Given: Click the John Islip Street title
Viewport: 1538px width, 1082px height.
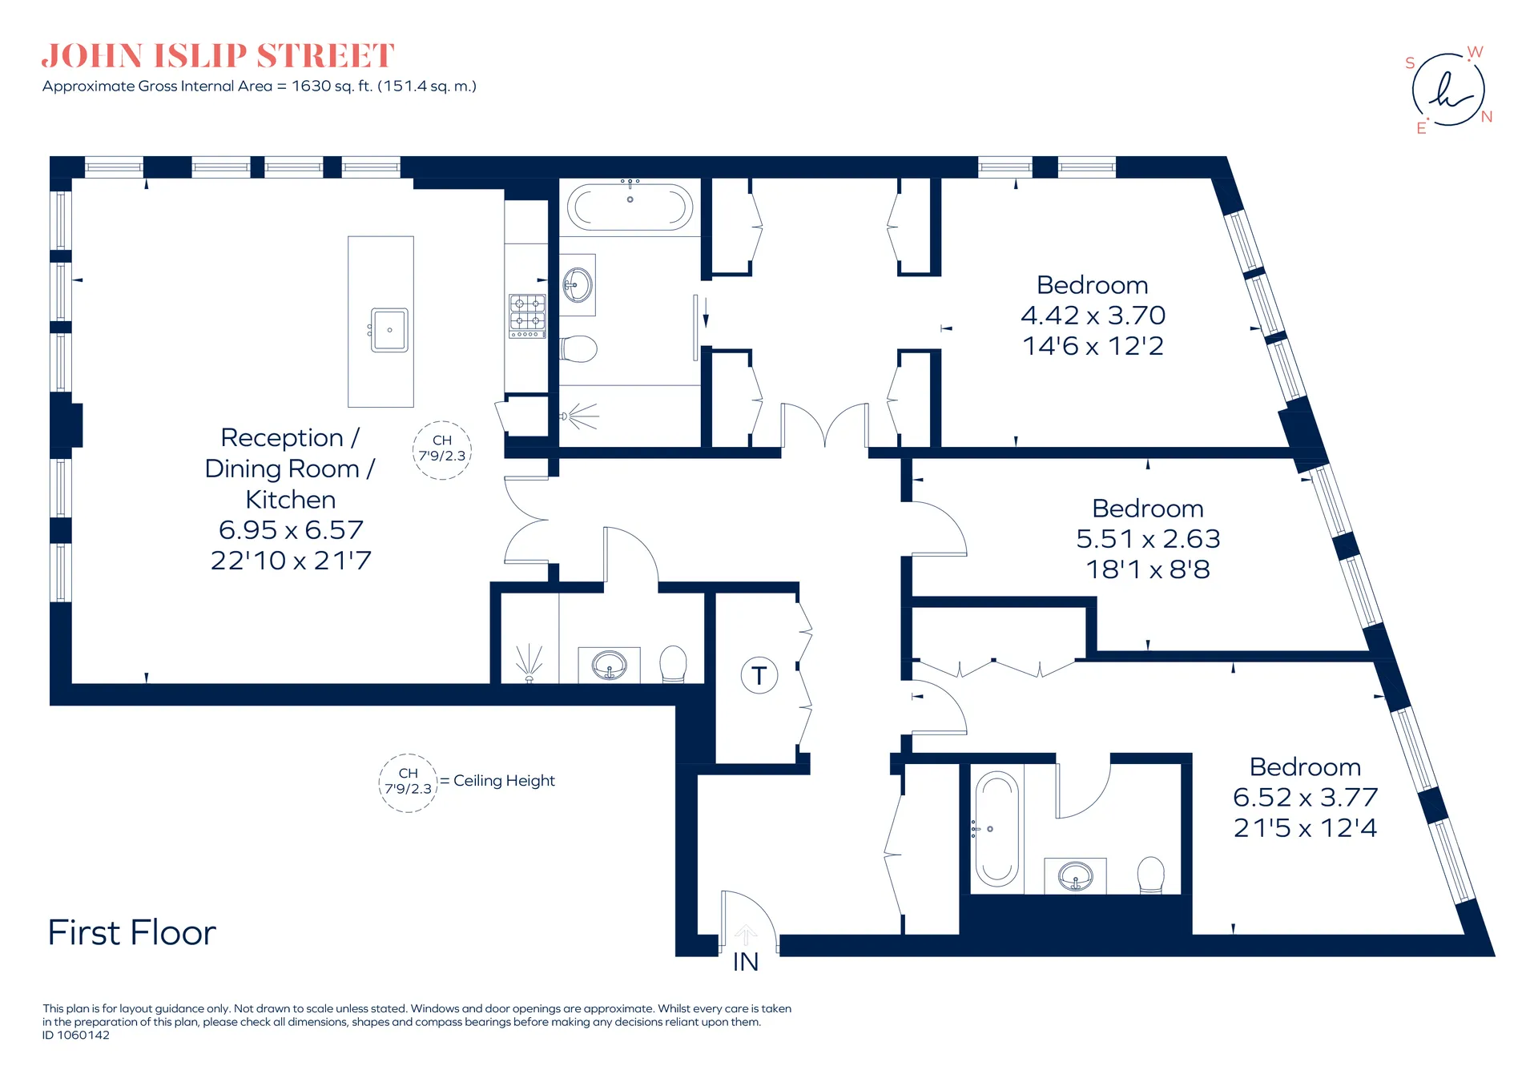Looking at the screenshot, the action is tap(218, 56).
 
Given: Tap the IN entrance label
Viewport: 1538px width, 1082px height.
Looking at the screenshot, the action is tap(746, 962).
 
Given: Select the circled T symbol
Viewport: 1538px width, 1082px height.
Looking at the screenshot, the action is tap(759, 675).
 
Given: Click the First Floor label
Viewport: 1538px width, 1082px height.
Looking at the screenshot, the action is tap(132, 933).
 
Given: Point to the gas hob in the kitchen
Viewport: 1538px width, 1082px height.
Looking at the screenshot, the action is tap(527, 316).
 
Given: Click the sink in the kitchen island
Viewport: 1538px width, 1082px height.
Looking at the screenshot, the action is tap(389, 330).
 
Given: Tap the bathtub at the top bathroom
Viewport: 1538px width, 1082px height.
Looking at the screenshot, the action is tap(630, 207).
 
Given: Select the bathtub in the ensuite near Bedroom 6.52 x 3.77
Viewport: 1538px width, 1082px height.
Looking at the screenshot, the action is tap(996, 829).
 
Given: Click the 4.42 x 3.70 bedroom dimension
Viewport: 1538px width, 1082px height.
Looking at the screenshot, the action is tap(1093, 316).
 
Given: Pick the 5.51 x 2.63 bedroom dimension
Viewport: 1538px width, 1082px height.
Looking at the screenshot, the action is tap(1148, 539).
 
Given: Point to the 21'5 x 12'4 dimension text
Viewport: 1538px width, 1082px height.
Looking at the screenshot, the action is tap(1305, 828).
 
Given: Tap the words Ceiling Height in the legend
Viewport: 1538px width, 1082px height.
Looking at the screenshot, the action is tap(504, 781).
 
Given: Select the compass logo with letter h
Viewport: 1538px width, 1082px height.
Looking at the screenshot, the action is tap(1447, 90).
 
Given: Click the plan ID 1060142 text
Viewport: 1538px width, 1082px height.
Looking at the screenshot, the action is tap(76, 1035).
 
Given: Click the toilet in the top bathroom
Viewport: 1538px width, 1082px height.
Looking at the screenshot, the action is tap(579, 349).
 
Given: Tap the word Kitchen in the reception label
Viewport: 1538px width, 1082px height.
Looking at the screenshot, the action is tap(291, 500).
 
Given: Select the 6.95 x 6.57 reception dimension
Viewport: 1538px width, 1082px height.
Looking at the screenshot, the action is tap(291, 530).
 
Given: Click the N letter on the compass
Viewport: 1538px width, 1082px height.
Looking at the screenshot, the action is tap(1487, 117).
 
